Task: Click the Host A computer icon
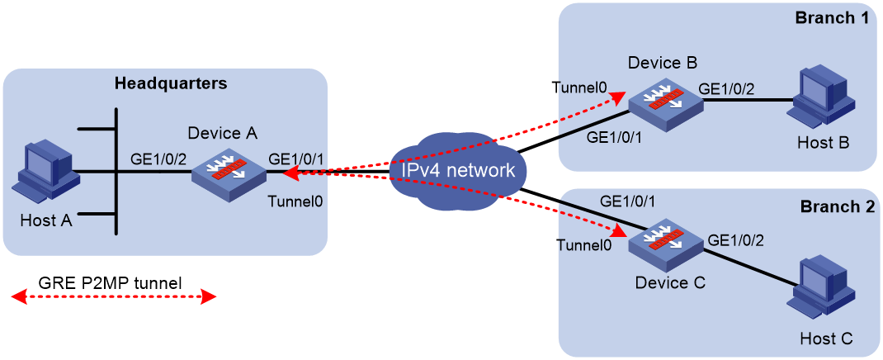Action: click(48, 173)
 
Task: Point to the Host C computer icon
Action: click(823, 297)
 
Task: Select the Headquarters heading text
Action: click(171, 84)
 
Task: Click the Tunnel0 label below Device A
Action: click(296, 200)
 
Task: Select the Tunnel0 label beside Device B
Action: click(579, 88)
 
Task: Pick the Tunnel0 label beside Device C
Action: click(584, 244)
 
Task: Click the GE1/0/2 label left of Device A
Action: click(158, 159)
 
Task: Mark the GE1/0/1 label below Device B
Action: click(616, 137)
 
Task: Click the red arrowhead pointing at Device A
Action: click(290, 174)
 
